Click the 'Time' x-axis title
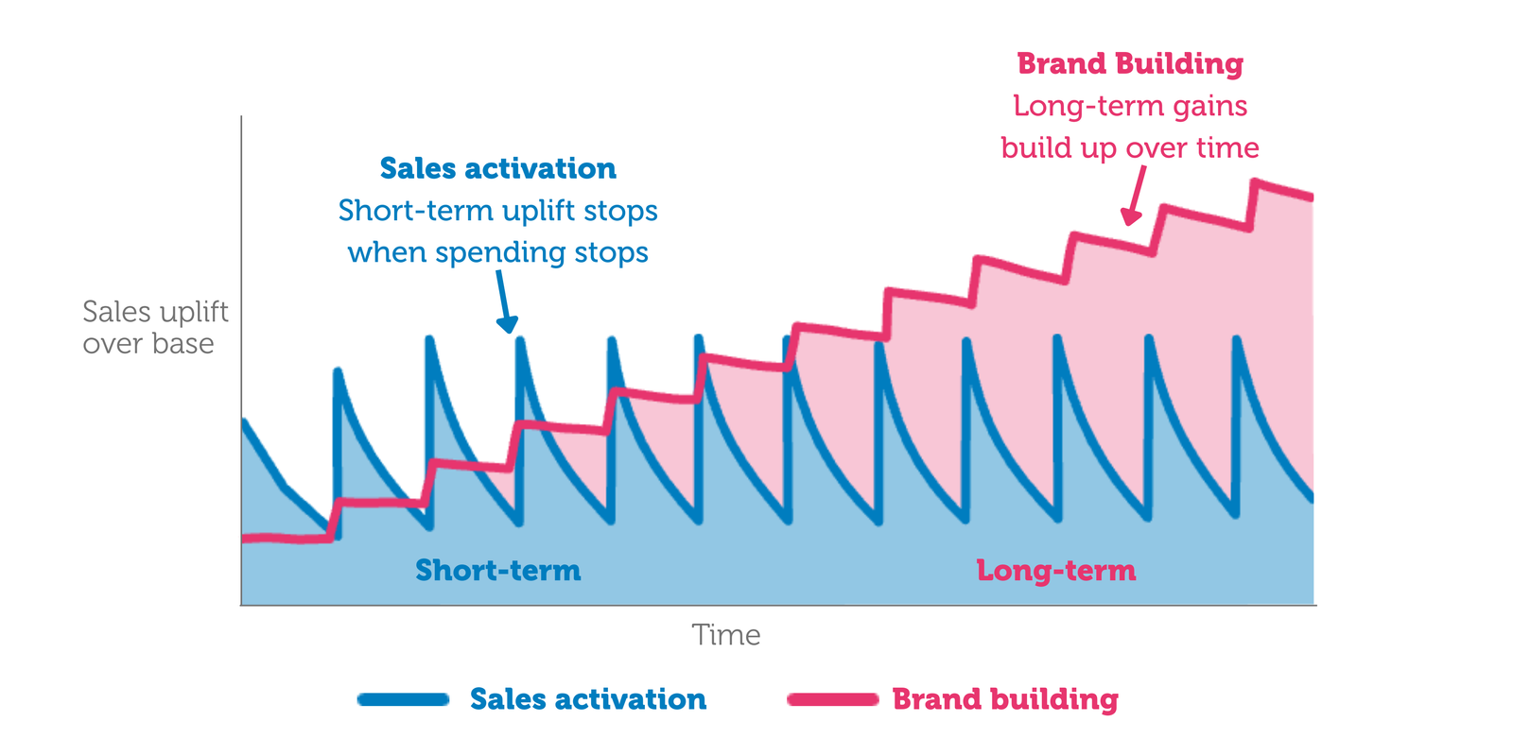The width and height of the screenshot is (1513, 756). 725,635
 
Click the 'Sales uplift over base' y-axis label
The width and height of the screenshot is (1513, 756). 154,327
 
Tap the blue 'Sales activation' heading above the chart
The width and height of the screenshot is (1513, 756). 497,168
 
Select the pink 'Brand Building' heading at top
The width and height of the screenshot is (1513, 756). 1130,63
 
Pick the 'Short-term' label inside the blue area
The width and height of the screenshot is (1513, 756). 497,570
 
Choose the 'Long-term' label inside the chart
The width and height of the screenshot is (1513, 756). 1055,570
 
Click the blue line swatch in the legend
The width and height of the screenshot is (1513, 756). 403,699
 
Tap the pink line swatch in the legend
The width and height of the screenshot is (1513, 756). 832,699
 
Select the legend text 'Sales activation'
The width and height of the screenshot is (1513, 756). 587,699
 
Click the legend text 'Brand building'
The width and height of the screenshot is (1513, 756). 1005,699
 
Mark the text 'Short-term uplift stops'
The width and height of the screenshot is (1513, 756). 497,210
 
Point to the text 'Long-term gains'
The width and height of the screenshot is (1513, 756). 1130,106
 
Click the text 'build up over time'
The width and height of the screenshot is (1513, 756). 1130,147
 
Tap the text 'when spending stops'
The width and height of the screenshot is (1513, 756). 497,252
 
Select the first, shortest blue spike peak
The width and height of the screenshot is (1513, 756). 338,371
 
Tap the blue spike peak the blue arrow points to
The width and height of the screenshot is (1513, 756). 520,340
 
